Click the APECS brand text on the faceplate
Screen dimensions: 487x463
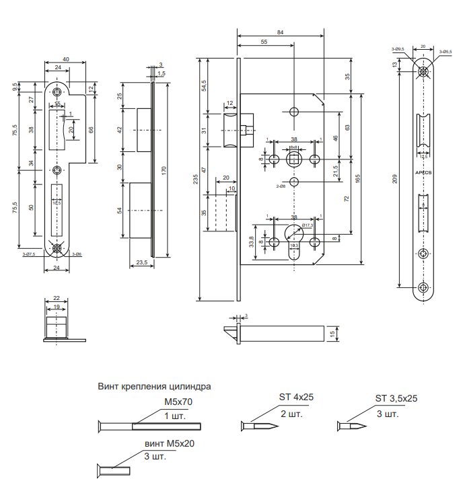pyautogui.click(x=423, y=173)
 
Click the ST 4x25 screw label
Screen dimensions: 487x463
pyautogui.click(x=297, y=397)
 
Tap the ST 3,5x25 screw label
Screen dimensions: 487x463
pyautogui.click(x=396, y=398)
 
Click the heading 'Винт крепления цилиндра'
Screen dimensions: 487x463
pyautogui.click(x=154, y=387)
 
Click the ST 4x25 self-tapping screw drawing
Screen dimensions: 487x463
pyautogui.click(x=258, y=426)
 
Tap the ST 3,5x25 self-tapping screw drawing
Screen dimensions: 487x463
pyautogui.click(x=351, y=426)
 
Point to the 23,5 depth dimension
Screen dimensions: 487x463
pyautogui.click(x=142, y=262)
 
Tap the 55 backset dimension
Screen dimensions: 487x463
pyautogui.click(x=263, y=42)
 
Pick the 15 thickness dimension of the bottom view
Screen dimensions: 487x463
pyautogui.click(x=332, y=333)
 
